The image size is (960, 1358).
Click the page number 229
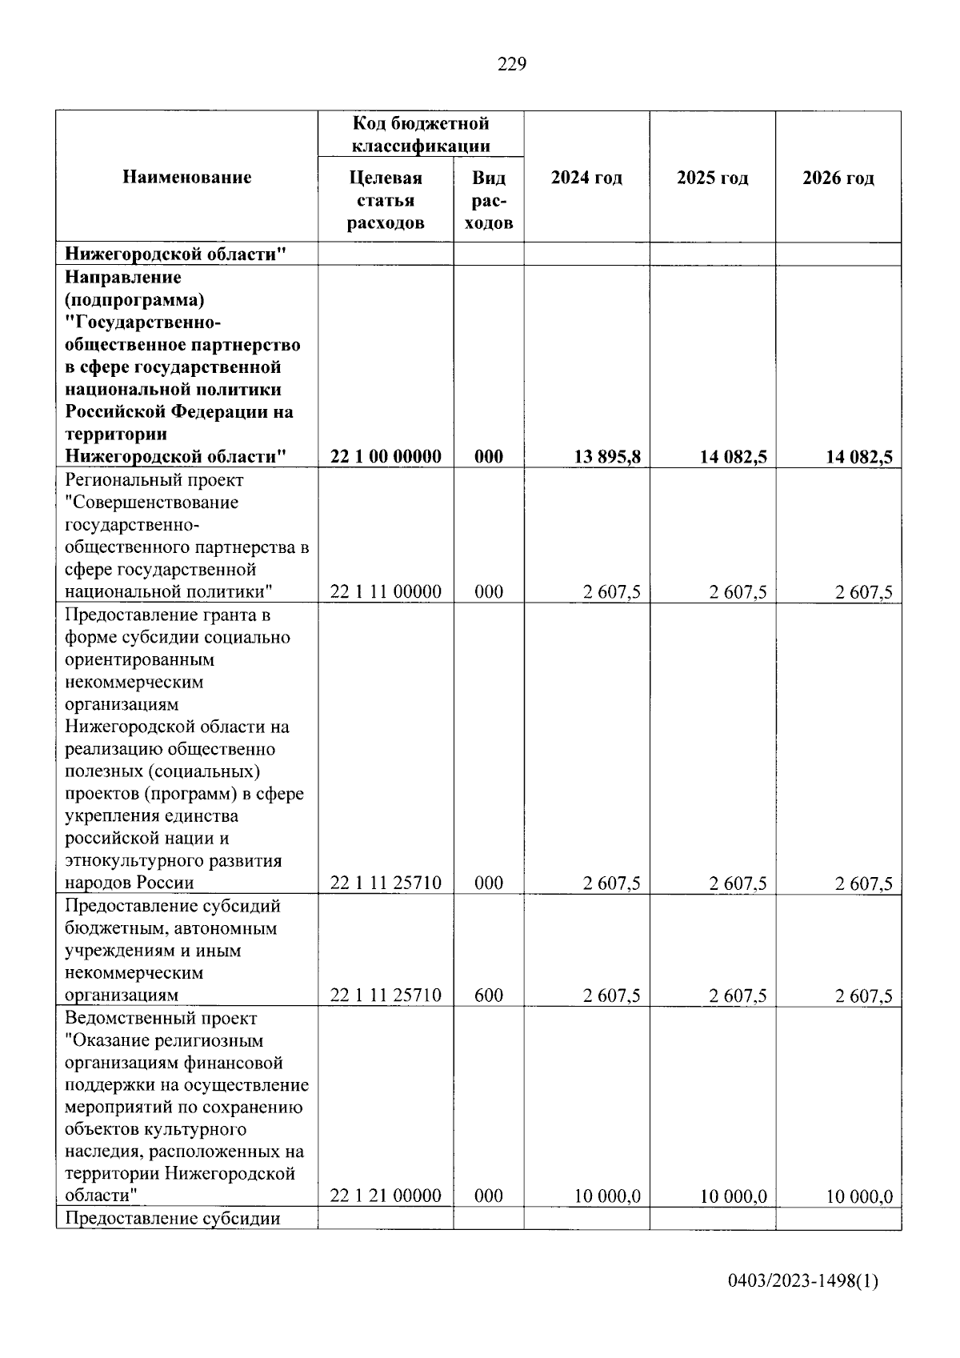[512, 65]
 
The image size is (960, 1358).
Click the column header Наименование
[186, 178]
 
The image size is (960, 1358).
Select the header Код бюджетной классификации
[421, 134]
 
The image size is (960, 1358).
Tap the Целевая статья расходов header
[386, 200]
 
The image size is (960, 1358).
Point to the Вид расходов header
[488, 200]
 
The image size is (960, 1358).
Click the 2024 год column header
[586, 178]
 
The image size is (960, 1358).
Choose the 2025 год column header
[712, 178]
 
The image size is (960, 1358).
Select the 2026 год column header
[838, 178]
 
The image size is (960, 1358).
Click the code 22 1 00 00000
[386, 457]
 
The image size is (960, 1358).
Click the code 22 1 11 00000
[386, 592]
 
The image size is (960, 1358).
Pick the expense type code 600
[488, 995]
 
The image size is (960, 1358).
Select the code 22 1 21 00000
[386, 1196]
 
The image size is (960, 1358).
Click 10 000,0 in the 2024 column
[607, 1196]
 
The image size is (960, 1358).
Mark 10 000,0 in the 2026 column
[859, 1196]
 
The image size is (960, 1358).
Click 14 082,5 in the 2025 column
[734, 457]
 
